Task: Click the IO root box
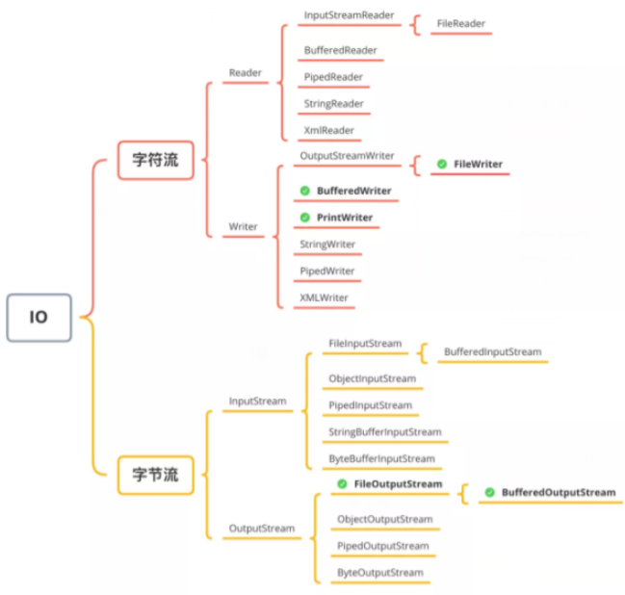click(39, 317)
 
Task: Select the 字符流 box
click(155, 160)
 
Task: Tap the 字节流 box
click(155, 475)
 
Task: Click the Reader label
click(245, 72)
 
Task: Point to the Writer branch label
click(243, 227)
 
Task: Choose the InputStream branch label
click(257, 401)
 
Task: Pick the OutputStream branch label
click(261, 529)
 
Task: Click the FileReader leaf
click(460, 23)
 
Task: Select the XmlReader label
click(329, 130)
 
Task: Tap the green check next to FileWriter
click(441, 165)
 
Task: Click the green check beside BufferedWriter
click(304, 191)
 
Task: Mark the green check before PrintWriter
click(304, 218)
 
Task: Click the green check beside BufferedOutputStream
click(489, 493)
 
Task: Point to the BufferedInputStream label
click(492, 352)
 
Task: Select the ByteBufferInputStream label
click(381, 459)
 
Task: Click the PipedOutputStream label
click(382, 546)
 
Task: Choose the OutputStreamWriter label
click(347, 155)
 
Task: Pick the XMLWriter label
click(324, 297)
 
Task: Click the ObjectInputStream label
click(372, 378)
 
